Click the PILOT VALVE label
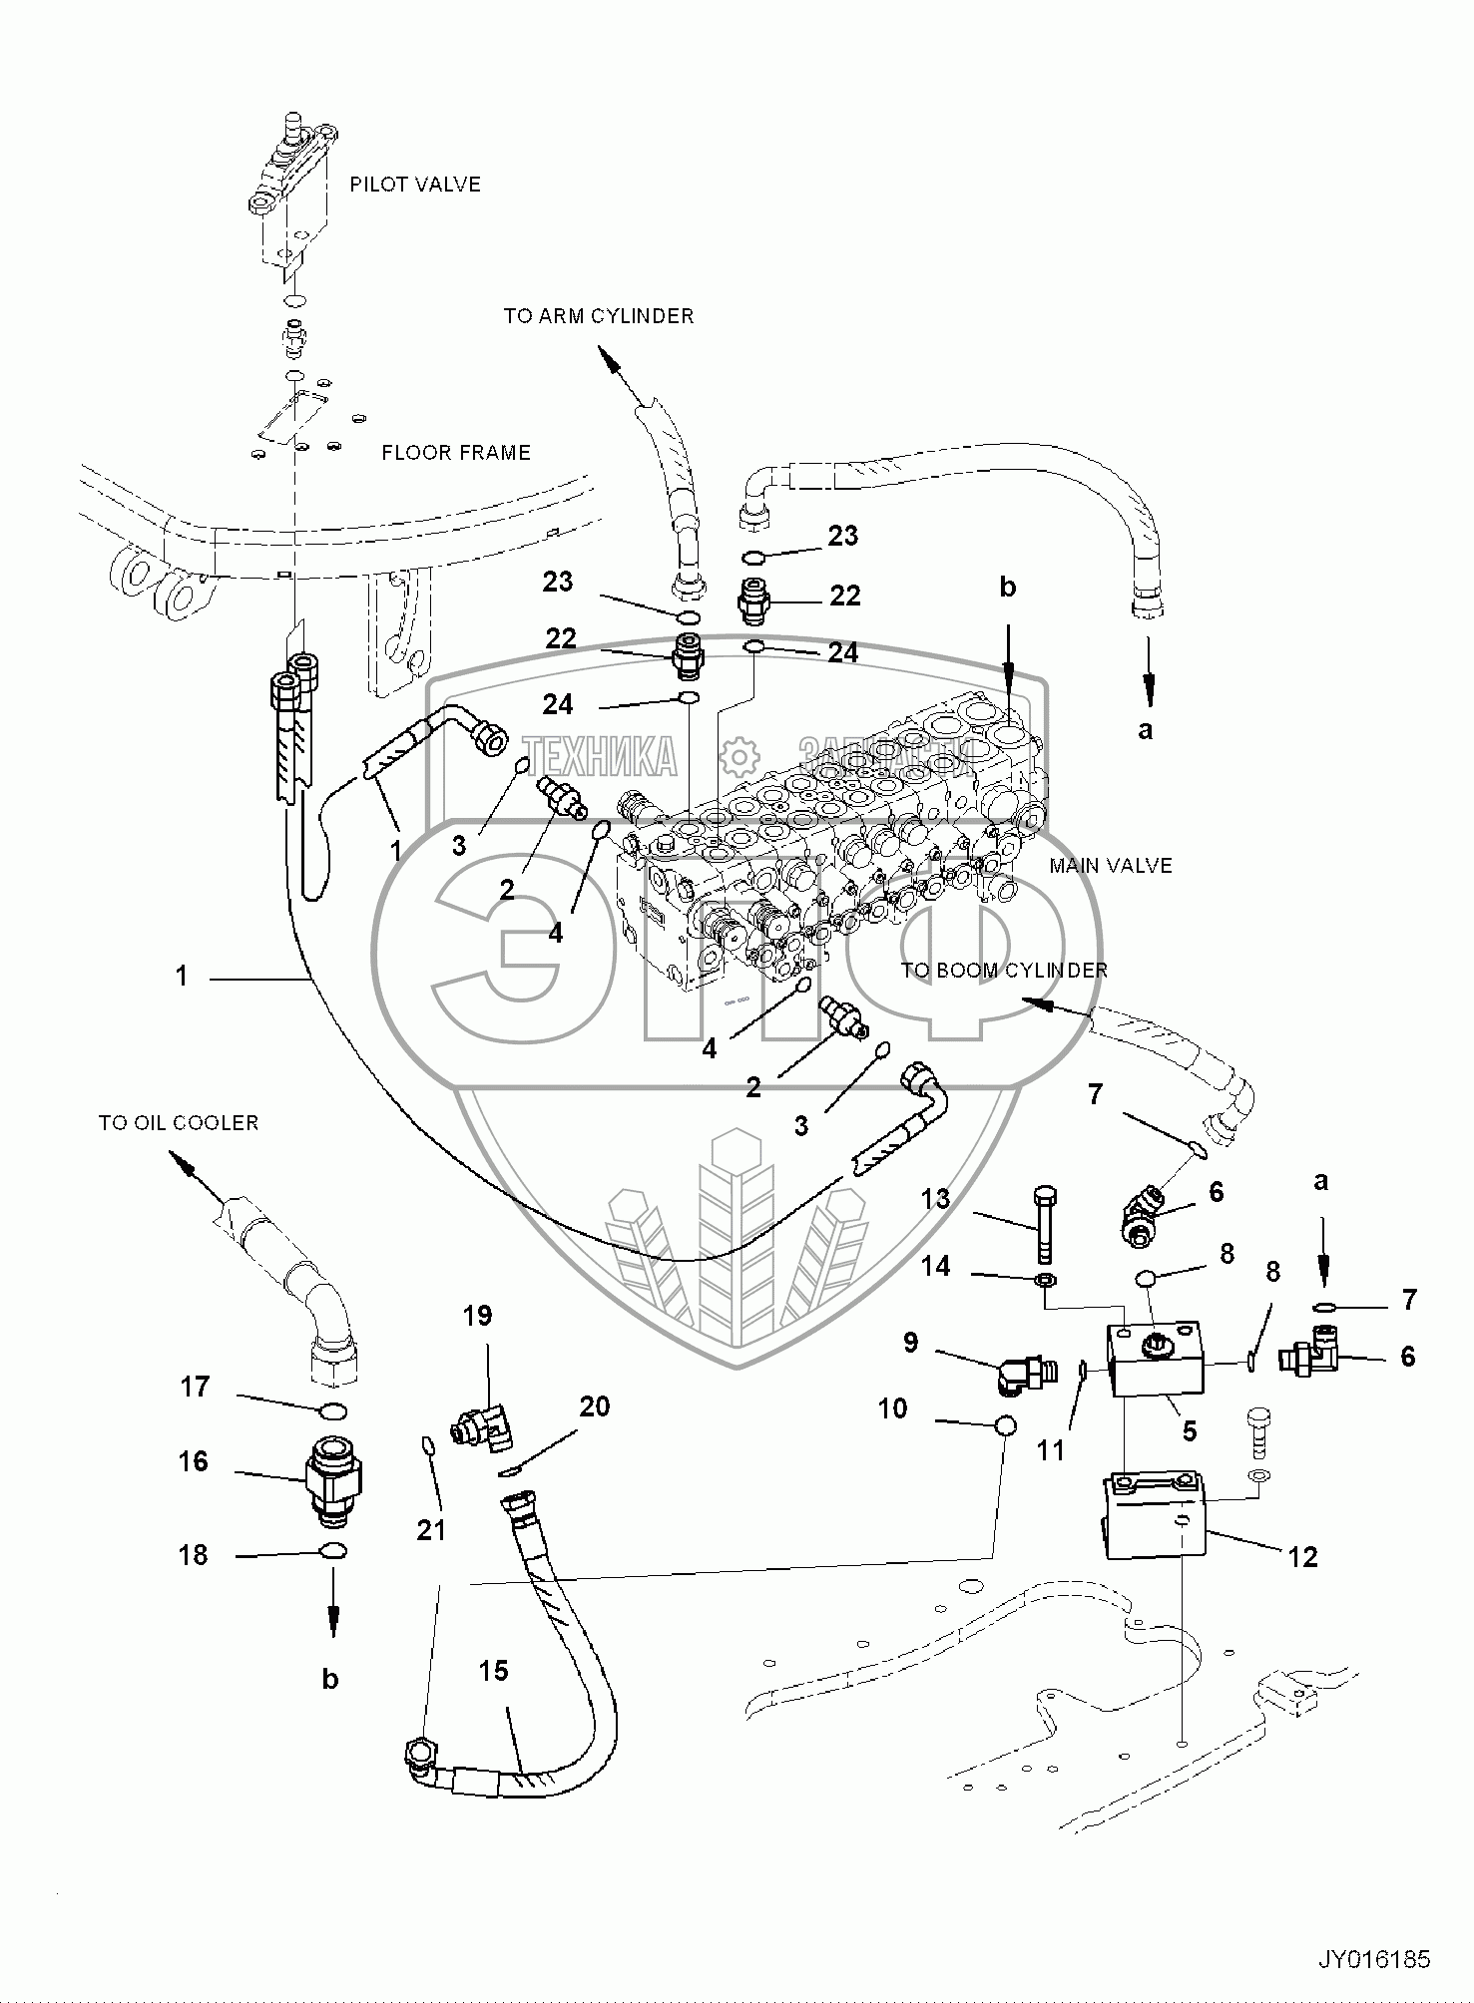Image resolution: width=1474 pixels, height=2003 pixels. (x=414, y=185)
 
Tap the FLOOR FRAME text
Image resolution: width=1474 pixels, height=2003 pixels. (x=456, y=453)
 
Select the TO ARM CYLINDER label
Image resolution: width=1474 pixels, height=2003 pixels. (x=598, y=316)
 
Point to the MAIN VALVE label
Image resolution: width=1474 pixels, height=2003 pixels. (x=1110, y=866)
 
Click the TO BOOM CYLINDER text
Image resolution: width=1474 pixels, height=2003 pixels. (x=1004, y=970)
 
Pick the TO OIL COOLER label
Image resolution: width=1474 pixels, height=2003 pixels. (x=178, y=1123)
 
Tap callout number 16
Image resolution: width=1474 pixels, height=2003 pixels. (x=194, y=1462)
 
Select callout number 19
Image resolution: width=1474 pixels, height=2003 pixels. (x=478, y=1316)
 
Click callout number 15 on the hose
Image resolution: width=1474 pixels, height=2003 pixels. (x=494, y=1671)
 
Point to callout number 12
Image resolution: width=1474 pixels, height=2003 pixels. (x=1303, y=1557)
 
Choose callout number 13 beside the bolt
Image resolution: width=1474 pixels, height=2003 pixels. (x=935, y=1198)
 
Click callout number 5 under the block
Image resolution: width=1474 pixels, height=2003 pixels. (x=1189, y=1431)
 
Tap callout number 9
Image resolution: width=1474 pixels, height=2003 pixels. (x=910, y=1343)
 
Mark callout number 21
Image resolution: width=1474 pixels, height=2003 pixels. (x=431, y=1530)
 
